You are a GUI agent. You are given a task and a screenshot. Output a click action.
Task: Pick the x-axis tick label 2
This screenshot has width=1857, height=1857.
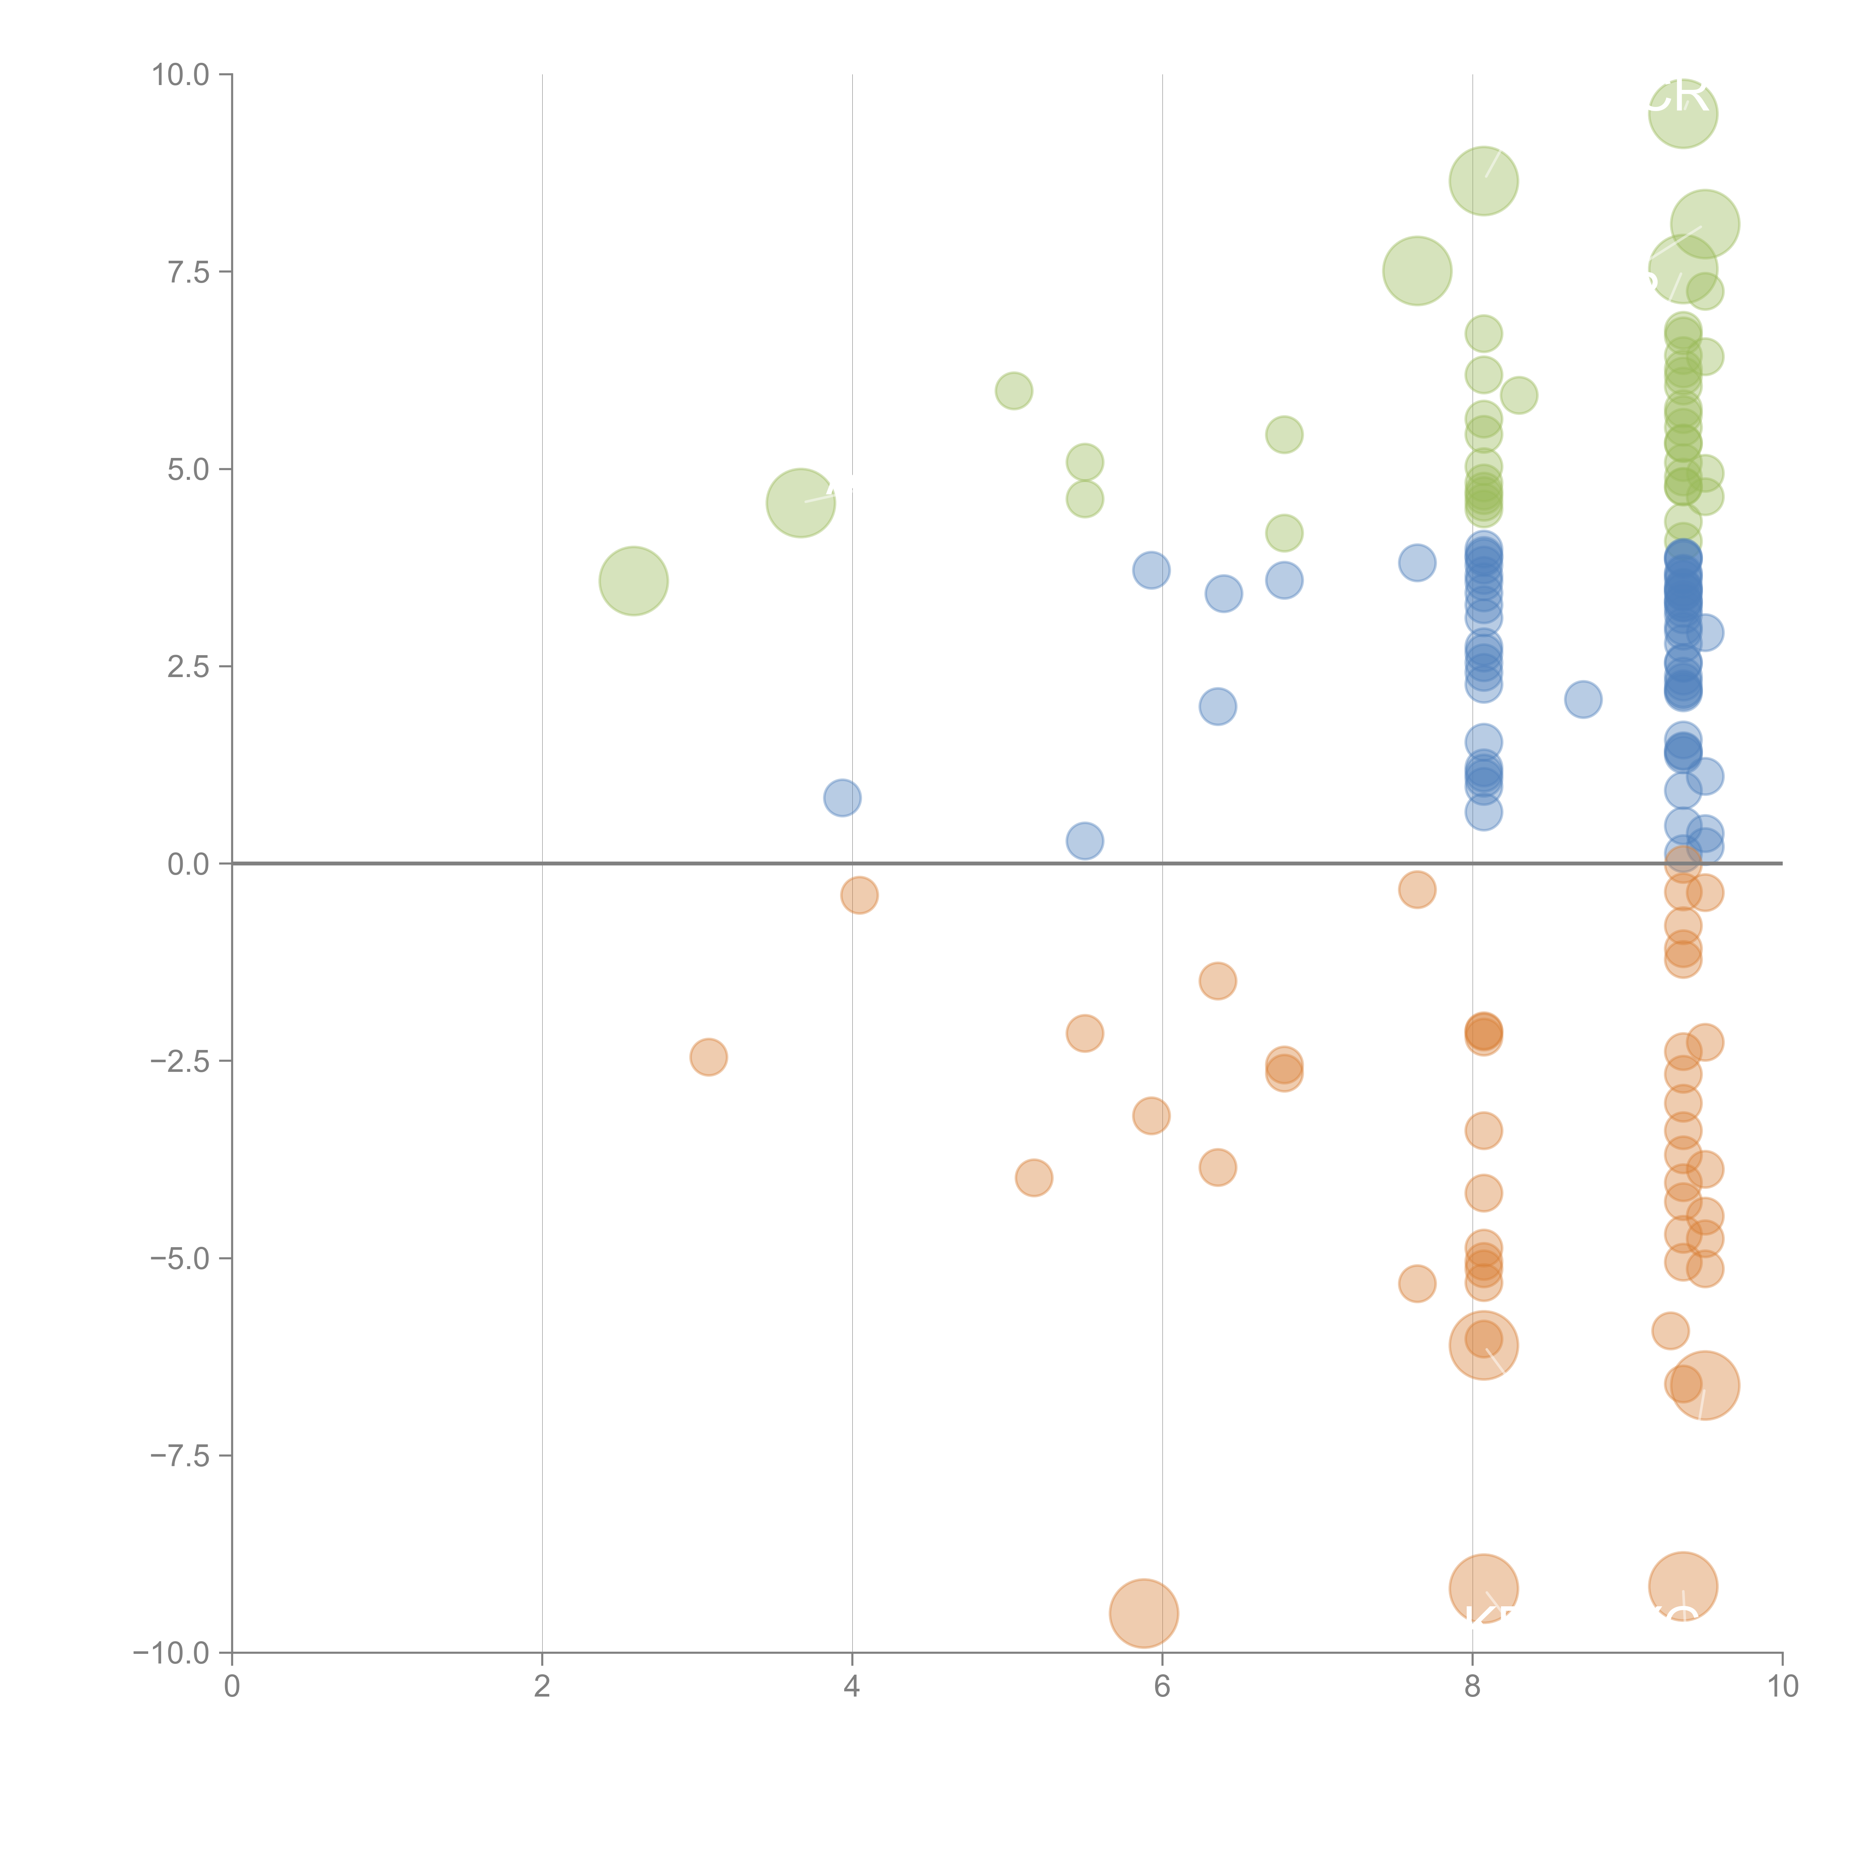[542, 1687]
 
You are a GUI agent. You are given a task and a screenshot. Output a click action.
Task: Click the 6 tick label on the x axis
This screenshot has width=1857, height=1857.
[1162, 1687]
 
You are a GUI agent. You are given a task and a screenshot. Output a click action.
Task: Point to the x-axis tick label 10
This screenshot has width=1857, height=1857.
[1782, 1687]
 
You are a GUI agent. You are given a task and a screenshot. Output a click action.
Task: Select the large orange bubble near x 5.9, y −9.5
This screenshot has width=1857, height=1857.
[1143, 1614]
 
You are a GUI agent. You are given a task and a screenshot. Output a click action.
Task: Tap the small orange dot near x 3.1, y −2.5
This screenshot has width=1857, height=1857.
[708, 1057]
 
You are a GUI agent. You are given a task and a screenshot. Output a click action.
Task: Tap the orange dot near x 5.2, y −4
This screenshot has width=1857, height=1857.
[1033, 1177]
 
